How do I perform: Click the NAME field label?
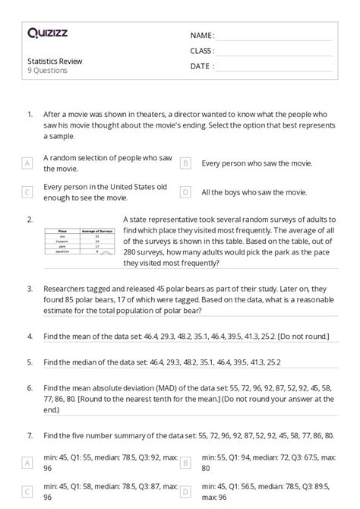coord(202,36)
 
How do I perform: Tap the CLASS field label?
coord(202,51)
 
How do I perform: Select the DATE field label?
coord(202,66)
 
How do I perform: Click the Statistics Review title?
coord(55,61)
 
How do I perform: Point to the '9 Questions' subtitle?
coord(47,71)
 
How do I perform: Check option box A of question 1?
coord(27,163)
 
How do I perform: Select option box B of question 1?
coord(185,163)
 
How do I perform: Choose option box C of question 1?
coord(27,192)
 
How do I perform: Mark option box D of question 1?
coord(185,192)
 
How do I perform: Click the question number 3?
coord(29,289)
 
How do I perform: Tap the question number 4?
coord(29,335)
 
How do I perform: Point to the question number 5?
coord(29,362)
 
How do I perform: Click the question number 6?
coord(29,387)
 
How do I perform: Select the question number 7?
coord(29,435)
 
